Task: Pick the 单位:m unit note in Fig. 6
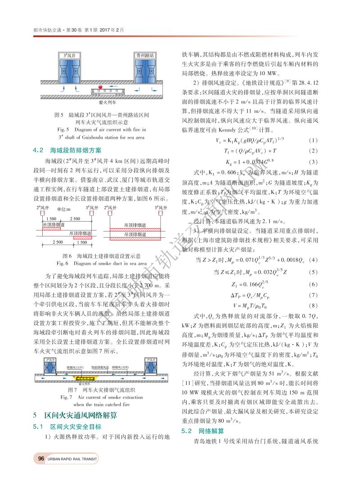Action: click(x=64, y=210)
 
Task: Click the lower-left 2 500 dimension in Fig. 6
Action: click(x=58, y=242)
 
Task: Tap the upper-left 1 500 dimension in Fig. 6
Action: click(x=51, y=218)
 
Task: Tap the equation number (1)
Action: click(x=314, y=140)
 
